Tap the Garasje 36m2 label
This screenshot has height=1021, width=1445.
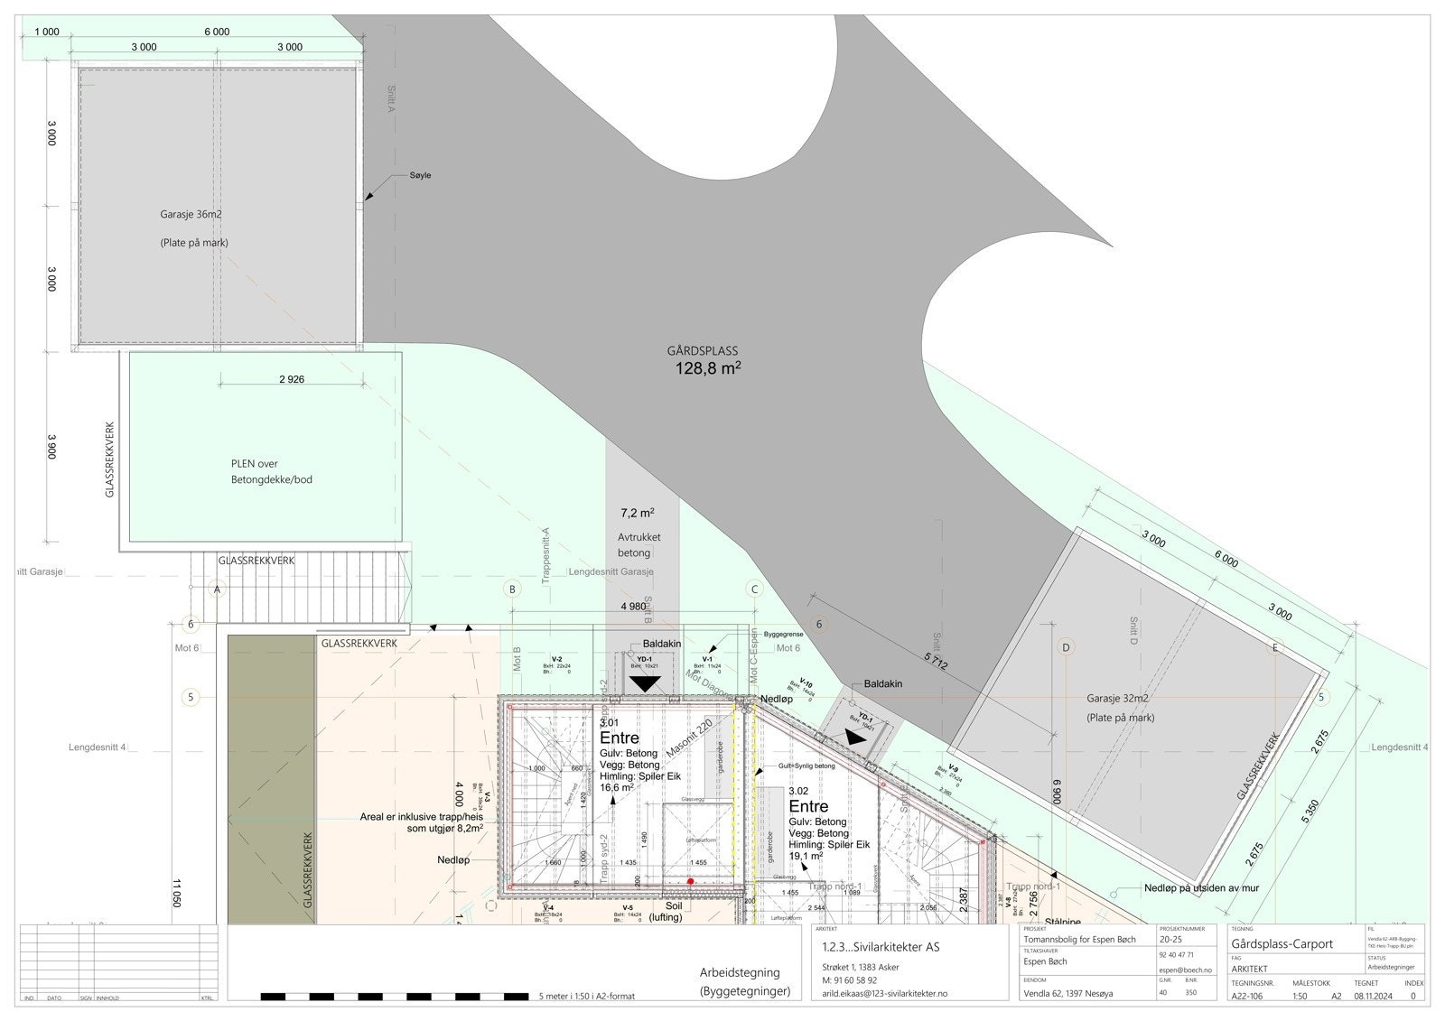click(191, 215)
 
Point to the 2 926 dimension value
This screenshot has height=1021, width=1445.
click(291, 379)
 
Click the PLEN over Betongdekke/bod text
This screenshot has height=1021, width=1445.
click(271, 471)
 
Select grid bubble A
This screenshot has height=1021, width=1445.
click(216, 589)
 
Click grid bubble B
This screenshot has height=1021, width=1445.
click(512, 589)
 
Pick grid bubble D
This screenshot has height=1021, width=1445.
click(1066, 647)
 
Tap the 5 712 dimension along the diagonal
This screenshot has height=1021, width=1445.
click(936, 664)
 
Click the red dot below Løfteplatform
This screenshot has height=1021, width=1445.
click(690, 881)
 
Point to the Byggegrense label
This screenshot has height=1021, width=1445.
click(783, 635)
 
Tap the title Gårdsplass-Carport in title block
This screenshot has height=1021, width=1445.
click(1282, 944)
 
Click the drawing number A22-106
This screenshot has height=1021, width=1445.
click(1252, 997)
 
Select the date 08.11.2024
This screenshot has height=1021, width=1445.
click(1373, 997)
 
